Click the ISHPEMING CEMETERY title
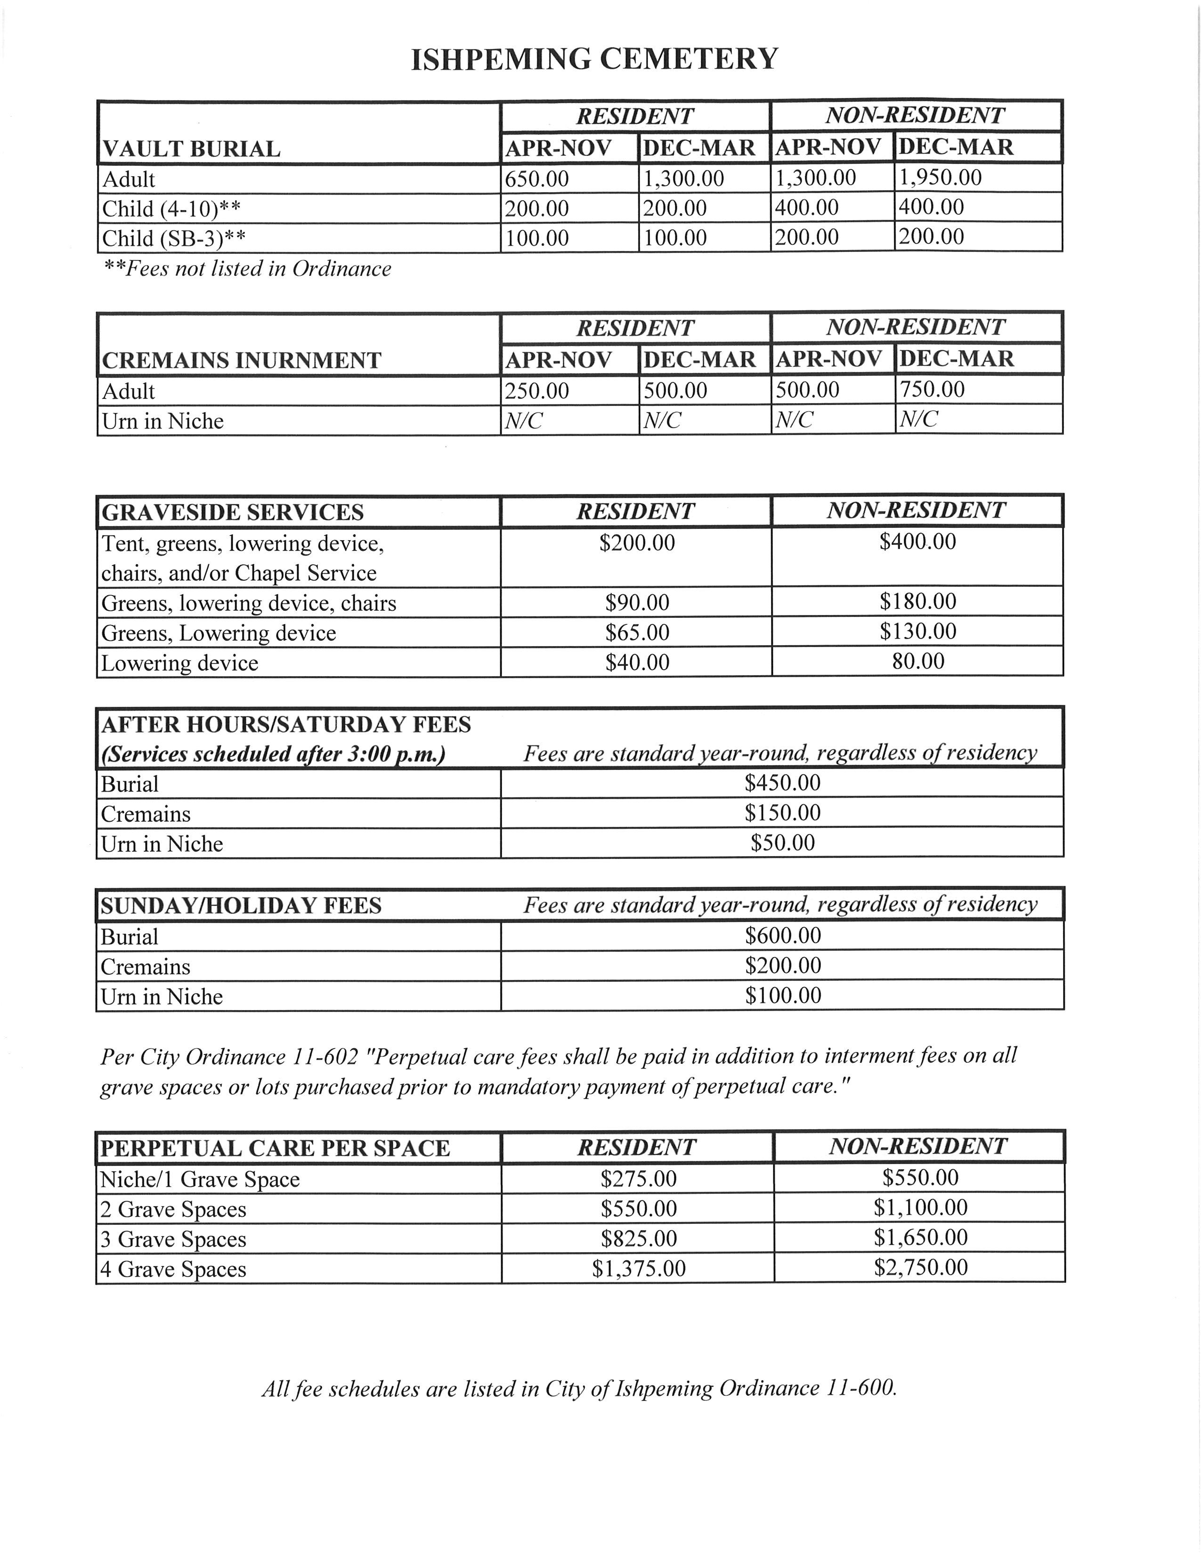595,58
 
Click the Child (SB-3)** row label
173,238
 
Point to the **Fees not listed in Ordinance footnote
247,269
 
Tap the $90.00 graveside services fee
637,603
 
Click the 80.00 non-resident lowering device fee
918,661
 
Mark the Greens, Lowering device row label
219,632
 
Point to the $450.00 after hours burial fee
782,783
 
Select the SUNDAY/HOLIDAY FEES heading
241,905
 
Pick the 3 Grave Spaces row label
173,1239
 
